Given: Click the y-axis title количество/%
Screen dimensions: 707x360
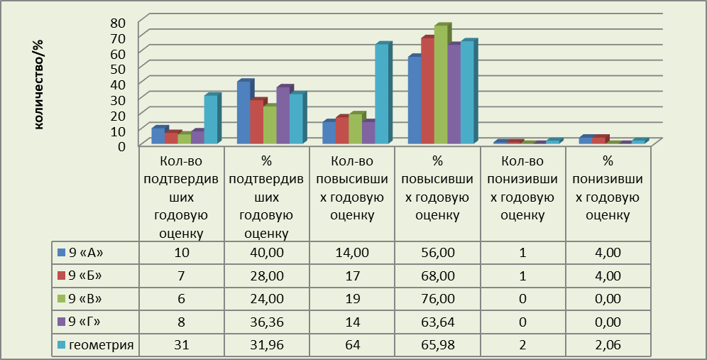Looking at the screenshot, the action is point(39,84).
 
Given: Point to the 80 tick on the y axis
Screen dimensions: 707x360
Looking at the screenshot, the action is point(119,23).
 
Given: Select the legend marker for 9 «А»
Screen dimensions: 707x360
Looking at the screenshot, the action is point(62,252).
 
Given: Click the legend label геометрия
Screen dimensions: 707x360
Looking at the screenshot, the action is point(102,345).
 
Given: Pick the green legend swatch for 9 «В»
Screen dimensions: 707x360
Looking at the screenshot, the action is point(62,299).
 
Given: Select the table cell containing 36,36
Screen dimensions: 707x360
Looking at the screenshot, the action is point(267,322).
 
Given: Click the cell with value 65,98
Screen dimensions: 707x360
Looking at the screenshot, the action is point(438,345).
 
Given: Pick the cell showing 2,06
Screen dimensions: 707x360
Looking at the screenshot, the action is point(608,345).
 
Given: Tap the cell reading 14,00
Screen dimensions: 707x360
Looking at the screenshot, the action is point(352,252).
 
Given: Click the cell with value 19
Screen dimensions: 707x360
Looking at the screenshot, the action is point(352,299).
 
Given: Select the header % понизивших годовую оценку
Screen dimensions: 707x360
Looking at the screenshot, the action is point(608,188).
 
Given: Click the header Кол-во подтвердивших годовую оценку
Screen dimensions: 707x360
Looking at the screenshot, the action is point(181,197).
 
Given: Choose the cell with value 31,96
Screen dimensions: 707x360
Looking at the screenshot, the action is point(267,345).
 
